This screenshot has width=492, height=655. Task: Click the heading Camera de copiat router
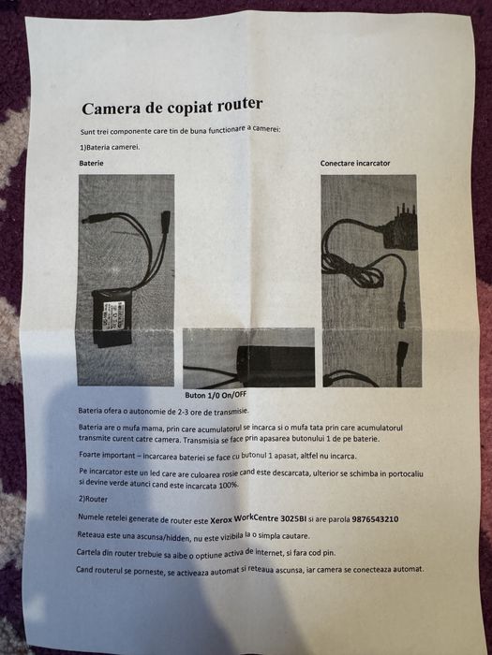click(171, 106)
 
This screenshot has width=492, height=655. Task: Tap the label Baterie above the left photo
click(92, 163)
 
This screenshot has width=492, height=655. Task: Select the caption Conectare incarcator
click(355, 164)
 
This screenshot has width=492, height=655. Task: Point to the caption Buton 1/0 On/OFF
click(231, 396)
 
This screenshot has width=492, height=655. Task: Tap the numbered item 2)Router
click(95, 499)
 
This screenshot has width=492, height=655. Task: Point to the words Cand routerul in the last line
click(106, 570)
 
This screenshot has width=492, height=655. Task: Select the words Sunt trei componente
click(119, 128)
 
